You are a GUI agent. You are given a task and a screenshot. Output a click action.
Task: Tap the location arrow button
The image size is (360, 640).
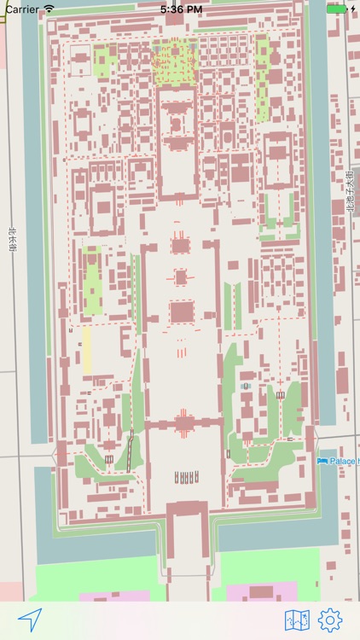point(30,619)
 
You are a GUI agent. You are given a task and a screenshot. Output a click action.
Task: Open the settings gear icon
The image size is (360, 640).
point(330,620)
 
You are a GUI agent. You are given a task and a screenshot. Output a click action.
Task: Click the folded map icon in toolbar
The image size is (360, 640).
point(297,620)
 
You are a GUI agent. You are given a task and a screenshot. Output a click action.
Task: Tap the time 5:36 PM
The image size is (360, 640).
point(181,9)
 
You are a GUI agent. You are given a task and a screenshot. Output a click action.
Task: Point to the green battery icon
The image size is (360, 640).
point(338,9)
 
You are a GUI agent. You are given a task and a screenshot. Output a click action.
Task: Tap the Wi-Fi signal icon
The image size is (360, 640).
point(49,9)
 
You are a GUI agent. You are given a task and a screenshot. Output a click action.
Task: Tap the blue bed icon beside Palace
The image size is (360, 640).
point(322,461)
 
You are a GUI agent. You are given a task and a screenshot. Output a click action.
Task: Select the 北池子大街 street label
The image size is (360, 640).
point(350,192)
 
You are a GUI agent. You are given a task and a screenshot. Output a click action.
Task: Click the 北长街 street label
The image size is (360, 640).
point(12,239)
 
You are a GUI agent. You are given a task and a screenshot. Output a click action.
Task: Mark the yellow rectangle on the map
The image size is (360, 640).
point(86,350)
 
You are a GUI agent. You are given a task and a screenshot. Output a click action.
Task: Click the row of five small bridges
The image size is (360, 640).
point(188,476)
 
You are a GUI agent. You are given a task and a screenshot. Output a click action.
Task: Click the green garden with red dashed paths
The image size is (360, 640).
point(174,60)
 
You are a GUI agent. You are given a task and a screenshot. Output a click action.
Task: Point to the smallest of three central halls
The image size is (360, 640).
point(181,277)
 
